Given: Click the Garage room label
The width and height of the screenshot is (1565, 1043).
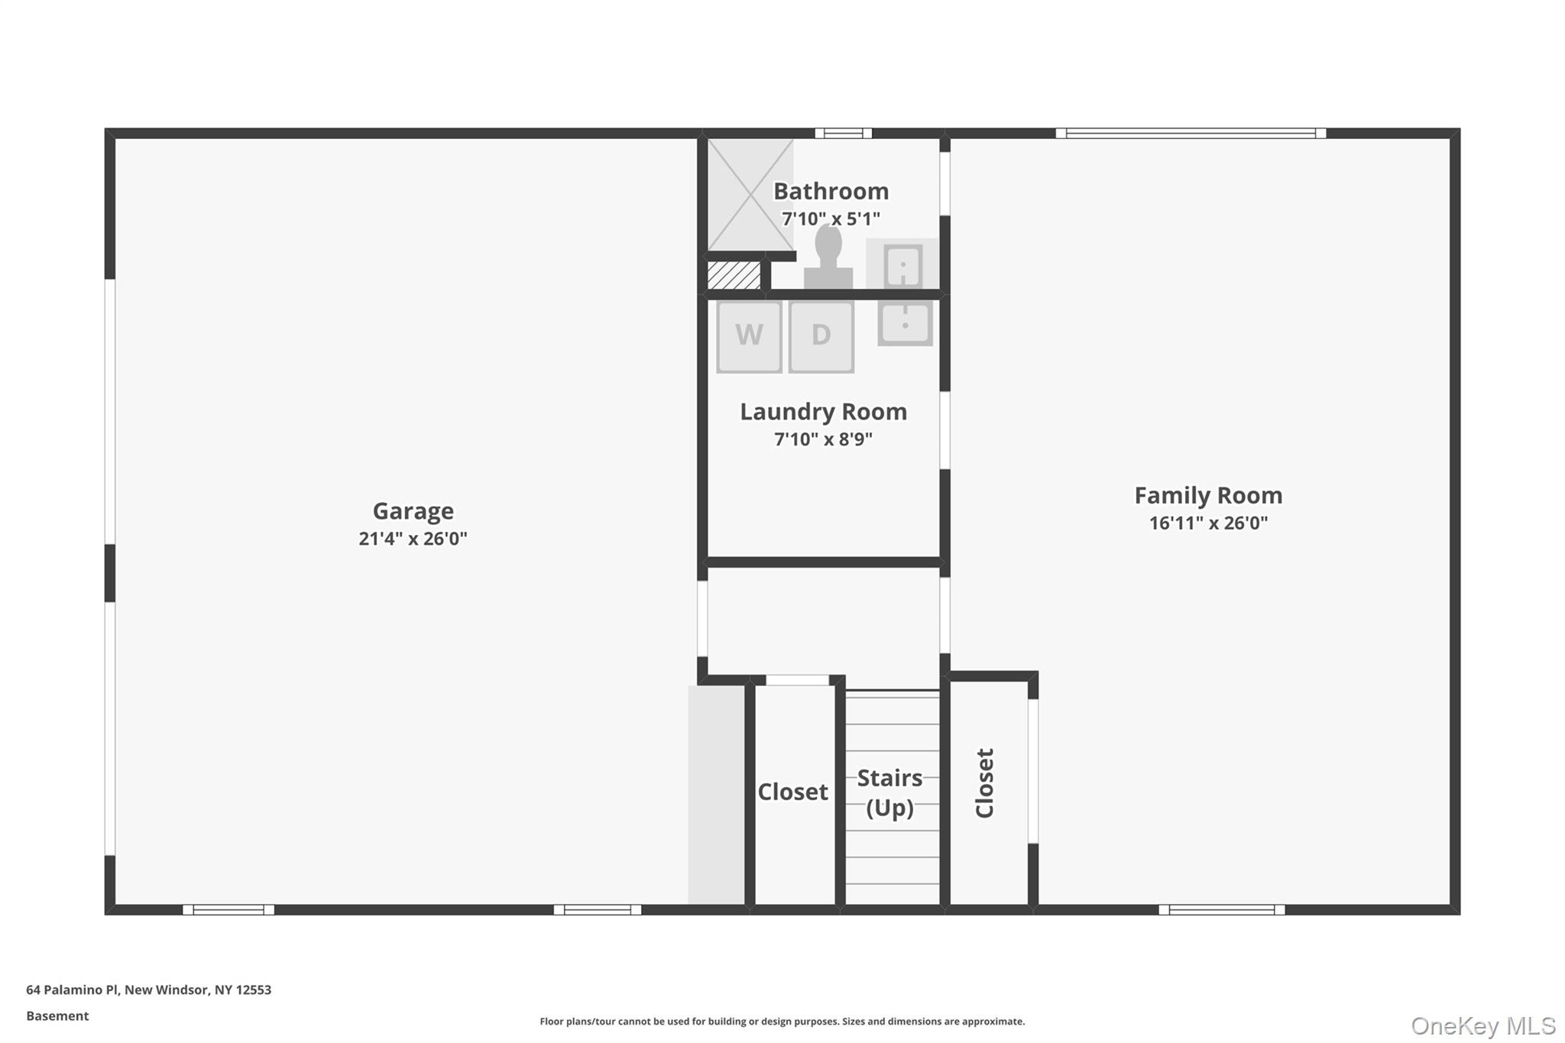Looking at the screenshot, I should [413, 510].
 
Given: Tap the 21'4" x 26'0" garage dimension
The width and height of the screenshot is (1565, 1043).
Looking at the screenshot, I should [413, 539].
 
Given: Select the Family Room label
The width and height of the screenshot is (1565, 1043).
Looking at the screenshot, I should [1208, 495].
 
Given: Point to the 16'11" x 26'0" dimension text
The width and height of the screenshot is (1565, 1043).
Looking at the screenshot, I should [1208, 523].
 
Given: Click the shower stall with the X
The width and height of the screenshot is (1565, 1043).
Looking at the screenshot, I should [750, 195].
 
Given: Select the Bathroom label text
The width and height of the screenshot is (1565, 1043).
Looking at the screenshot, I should [831, 191].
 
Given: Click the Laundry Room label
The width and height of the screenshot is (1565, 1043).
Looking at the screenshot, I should [823, 412].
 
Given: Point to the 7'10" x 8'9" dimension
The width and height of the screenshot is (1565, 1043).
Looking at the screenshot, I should [823, 439].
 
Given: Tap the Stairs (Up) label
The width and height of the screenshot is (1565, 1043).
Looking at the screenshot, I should [889, 792].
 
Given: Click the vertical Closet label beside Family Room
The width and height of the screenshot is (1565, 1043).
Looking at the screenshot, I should [985, 783].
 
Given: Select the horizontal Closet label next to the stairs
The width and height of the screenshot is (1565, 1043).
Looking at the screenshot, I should [792, 792].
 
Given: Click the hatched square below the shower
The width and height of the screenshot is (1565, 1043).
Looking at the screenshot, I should [734, 275].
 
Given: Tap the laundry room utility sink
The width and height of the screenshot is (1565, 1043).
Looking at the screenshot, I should [905, 322].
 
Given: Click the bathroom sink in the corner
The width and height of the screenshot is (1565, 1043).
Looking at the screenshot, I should [902, 264].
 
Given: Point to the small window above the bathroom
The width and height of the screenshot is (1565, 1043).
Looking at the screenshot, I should [843, 133].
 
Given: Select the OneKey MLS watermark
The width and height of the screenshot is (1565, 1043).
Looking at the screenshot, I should [1482, 1025].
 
